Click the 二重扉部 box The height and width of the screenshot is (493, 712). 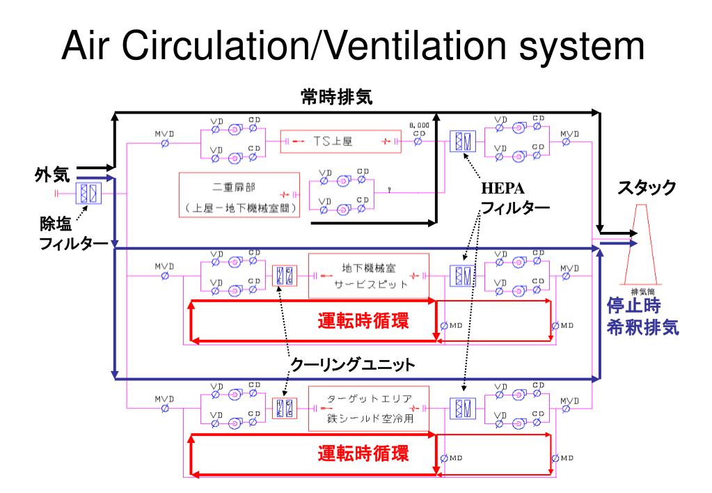(241, 196)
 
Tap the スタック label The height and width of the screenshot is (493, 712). (647, 187)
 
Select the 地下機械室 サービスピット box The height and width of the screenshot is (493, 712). (369, 276)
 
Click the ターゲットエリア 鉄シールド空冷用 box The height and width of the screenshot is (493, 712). (369, 410)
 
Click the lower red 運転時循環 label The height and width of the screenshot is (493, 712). (363, 454)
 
